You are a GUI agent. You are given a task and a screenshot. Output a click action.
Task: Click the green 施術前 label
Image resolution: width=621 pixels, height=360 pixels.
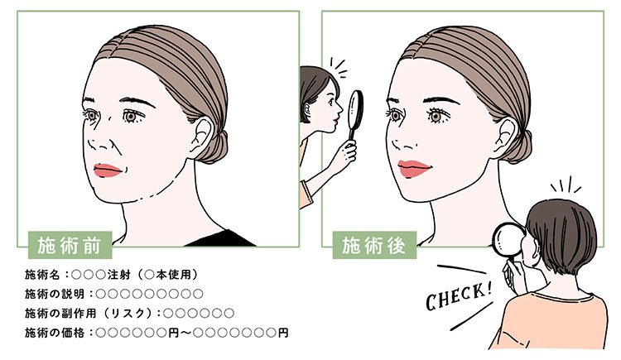click(x=70, y=245)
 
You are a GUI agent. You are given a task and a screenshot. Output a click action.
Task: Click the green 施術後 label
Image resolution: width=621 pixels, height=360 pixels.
click(x=374, y=245)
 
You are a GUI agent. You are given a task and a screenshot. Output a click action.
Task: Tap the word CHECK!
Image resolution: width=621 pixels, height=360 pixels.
click(x=460, y=295)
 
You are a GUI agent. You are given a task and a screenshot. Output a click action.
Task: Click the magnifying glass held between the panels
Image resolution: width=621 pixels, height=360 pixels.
click(x=355, y=115)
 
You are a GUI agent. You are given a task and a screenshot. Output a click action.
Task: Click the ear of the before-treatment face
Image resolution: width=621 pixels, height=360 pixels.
click(x=203, y=137)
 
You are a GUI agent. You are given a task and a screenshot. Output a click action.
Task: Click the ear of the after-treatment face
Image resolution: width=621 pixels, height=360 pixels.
click(x=508, y=137)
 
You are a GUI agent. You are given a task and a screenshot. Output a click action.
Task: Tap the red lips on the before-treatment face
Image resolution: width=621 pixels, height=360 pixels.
click(x=108, y=170)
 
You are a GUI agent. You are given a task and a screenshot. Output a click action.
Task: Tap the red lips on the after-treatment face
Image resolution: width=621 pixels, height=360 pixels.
click(x=414, y=169)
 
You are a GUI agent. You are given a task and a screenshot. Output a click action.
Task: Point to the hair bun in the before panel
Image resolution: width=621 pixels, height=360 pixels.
click(x=217, y=147)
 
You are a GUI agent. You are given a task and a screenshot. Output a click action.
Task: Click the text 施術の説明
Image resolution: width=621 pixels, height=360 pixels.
click(x=55, y=294)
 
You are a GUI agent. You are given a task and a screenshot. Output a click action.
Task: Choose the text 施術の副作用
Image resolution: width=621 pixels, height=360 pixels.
click(x=60, y=313)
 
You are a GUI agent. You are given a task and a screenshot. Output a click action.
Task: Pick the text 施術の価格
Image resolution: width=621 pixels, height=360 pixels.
click(x=55, y=333)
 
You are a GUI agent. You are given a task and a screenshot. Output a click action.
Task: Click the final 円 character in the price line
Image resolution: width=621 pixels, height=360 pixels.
click(x=283, y=333)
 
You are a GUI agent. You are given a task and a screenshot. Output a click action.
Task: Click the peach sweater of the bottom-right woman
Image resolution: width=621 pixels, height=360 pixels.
click(x=555, y=321)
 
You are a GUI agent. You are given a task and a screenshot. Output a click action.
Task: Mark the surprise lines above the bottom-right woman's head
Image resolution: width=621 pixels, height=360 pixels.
click(x=566, y=185)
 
